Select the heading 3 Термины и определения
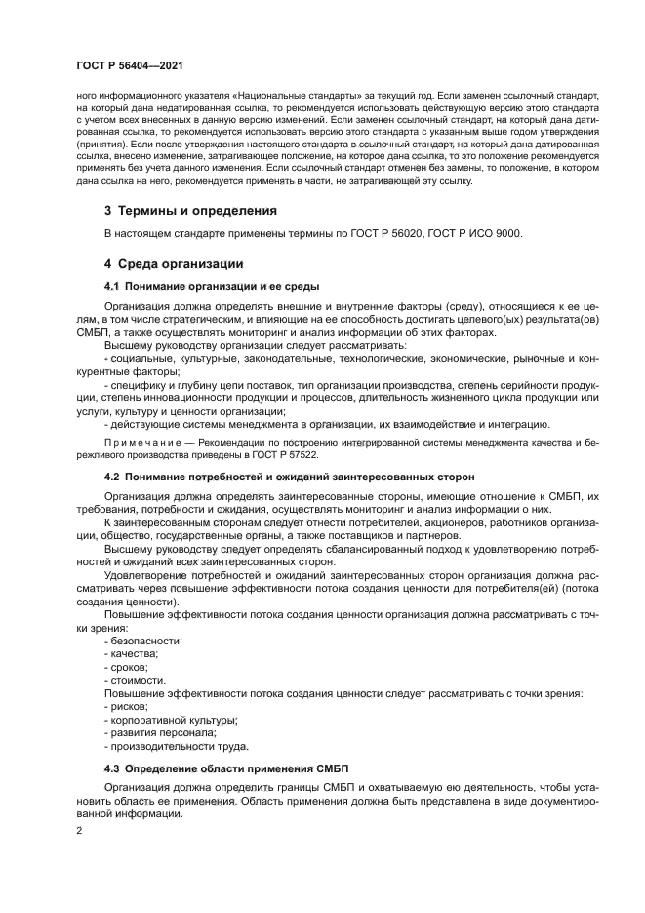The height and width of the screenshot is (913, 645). [190, 210]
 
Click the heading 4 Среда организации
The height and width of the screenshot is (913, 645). [174, 264]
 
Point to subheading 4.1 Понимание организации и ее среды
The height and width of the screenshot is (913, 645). [213, 286]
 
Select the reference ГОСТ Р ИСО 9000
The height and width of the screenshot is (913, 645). [478, 233]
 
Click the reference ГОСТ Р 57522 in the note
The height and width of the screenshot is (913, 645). [282, 455]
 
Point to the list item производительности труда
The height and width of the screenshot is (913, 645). [172, 746]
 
